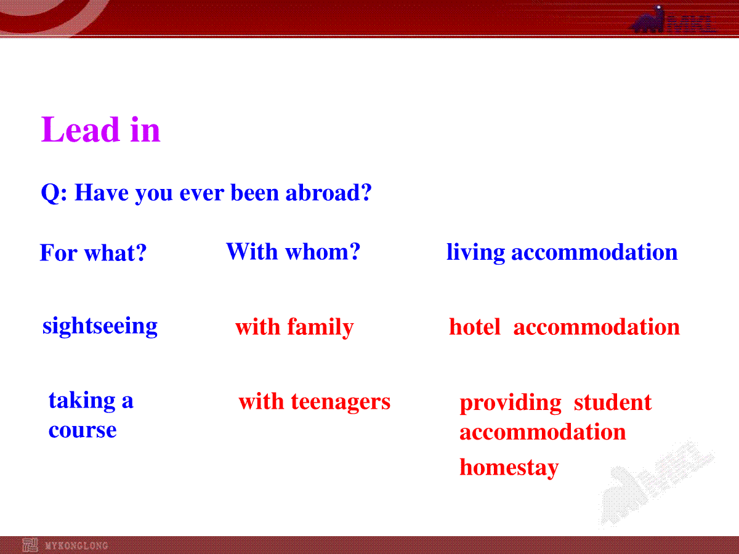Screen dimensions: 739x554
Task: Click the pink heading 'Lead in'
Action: point(100,129)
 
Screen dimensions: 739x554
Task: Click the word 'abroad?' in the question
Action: point(329,193)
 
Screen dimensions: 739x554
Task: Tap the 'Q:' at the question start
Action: point(54,193)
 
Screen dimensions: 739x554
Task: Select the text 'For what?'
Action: point(93,252)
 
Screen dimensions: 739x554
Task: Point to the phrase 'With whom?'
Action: point(293,251)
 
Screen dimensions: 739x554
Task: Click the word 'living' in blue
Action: point(475,252)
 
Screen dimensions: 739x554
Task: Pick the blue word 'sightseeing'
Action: point(100,326)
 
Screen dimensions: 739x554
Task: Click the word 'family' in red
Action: point(320,327)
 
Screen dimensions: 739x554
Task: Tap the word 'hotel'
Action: point(475,327)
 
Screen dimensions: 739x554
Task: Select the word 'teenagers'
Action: point(341,401)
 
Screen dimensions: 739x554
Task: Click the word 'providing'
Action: point(511,403)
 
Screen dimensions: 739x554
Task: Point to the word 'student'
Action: point(613,402)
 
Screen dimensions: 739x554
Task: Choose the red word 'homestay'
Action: point(509,468)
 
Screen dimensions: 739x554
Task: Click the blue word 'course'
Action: point(83,430)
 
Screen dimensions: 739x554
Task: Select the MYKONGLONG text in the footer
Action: point(76,545)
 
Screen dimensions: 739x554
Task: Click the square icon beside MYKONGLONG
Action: point(30,545)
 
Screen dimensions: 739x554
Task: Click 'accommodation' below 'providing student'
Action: point(543,432)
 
